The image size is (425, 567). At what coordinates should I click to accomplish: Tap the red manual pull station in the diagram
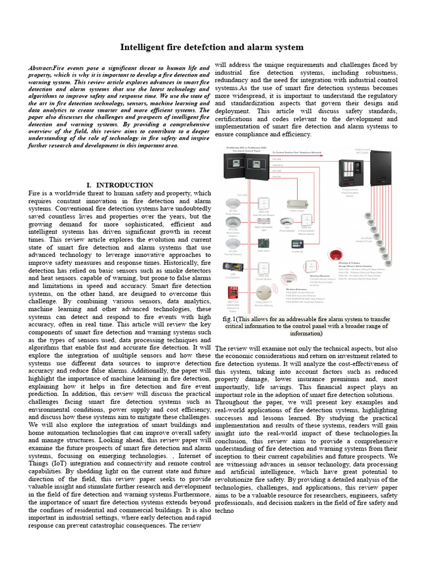click(x=234, y=294)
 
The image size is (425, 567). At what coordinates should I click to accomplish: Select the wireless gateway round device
click(x=263, y=294)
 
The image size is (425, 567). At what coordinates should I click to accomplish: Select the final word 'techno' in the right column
click(x=225, y=511)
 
